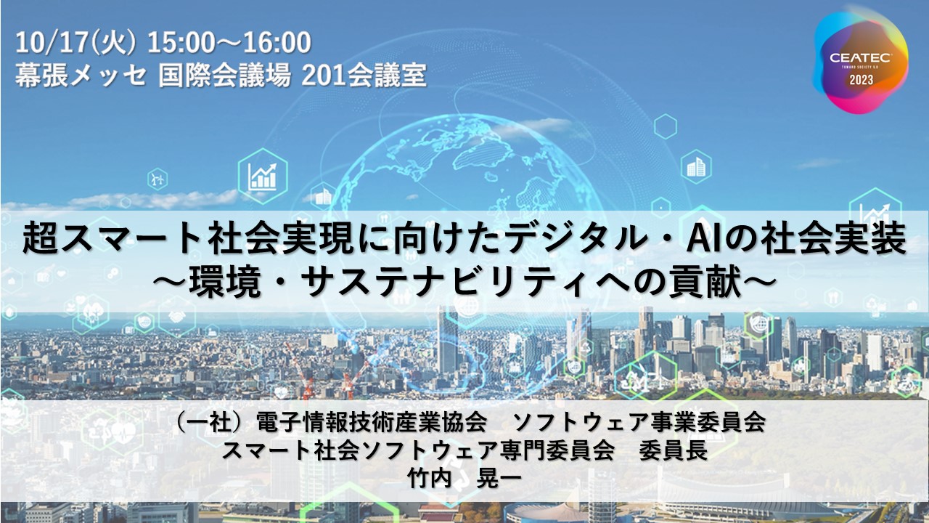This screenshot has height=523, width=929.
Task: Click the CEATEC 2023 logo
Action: click(861, 62)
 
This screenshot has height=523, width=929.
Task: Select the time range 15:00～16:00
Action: click(229, 42)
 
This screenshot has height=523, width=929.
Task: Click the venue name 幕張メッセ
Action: click(81, 76)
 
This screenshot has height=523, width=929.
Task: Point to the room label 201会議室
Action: click(364, 76)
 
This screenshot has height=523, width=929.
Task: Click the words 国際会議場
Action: click(225, 76)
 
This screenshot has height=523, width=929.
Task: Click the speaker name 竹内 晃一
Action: click(464, 479)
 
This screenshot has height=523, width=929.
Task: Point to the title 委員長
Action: click(674, 450)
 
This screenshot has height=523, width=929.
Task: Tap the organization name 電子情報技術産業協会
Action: click(372, 422)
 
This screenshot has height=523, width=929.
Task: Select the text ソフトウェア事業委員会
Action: click(639, 422)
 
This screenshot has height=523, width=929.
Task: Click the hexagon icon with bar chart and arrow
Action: click(263, 176)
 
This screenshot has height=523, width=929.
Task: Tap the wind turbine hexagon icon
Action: click(157, 179)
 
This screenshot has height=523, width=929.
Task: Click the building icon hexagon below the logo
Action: click(696, 167)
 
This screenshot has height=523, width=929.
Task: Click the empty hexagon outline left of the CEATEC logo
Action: click(666, 126)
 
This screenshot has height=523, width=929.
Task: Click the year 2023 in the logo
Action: click(862, 79)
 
